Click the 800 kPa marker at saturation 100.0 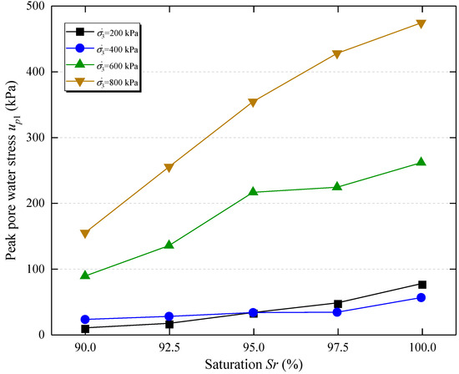tap(421, 23)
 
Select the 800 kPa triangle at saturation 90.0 tap(85, 234)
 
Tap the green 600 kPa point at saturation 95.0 tap(254, 192)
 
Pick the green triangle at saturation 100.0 tap(421, 162)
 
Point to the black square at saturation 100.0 tap(421, 285)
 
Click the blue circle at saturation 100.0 tap(421, 298)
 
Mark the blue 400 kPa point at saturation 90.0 tap(85, 320)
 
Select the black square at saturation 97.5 tap(337, 304)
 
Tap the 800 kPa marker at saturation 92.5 tap(169, 168)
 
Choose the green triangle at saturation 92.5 tap(169, 245)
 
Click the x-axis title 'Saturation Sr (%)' tap(253, 365)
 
